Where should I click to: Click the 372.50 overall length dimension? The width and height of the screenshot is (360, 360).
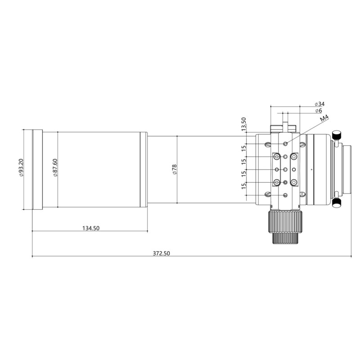[161, 253]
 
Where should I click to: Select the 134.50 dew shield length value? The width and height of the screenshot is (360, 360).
[90, 228]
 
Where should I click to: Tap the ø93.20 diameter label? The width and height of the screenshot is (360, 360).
[21, 169]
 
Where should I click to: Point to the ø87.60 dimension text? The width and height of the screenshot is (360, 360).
[54, 169]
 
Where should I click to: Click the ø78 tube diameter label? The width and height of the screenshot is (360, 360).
[174, 169]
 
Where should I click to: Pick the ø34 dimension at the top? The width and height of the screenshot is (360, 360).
[321, 103]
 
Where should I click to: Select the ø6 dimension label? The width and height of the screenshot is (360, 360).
[318, 110]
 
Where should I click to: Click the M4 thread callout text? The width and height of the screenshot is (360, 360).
[324, 119]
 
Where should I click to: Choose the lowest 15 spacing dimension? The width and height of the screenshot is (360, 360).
[243, 186]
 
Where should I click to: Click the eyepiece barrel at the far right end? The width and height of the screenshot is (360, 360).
[348, 169]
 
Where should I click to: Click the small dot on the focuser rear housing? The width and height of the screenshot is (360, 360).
[311, 169]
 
